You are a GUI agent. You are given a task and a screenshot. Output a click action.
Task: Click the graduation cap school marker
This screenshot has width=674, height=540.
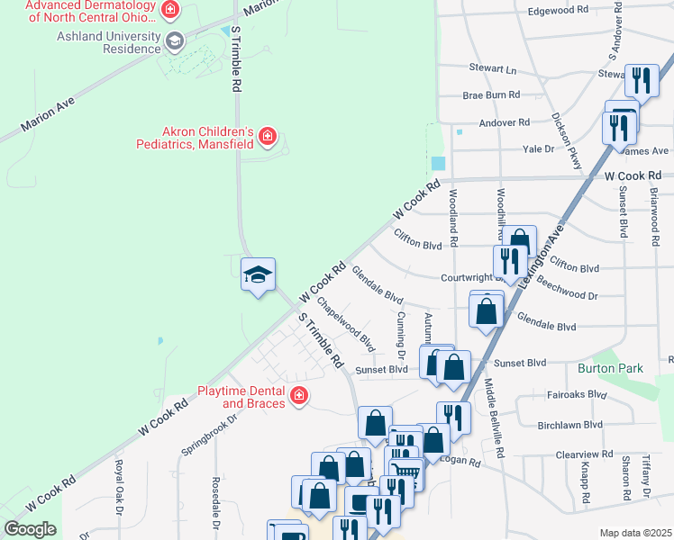pos(258,274)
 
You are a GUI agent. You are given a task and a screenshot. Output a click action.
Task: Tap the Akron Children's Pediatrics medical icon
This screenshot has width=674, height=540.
pos(267,137)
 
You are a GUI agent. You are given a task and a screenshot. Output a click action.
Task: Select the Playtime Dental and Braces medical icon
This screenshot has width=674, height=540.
pos(299,395)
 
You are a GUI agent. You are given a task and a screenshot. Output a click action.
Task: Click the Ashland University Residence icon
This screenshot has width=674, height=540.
pos(175,40)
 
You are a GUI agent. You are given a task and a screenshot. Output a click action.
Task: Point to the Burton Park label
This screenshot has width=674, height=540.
pos(616,368)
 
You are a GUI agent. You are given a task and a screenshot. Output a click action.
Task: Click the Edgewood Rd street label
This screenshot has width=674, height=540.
pos(559,10)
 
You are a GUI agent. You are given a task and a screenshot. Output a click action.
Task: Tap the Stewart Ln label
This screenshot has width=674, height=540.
pos(493,68)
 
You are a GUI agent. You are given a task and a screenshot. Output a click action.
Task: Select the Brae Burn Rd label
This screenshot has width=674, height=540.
pos(491,94)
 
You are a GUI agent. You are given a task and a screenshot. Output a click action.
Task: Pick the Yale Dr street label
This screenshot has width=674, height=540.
pos(538,150)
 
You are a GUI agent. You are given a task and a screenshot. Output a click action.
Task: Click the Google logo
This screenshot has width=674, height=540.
pos(30,529)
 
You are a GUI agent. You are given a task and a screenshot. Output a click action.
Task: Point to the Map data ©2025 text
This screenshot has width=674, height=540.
pos(635,533)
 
